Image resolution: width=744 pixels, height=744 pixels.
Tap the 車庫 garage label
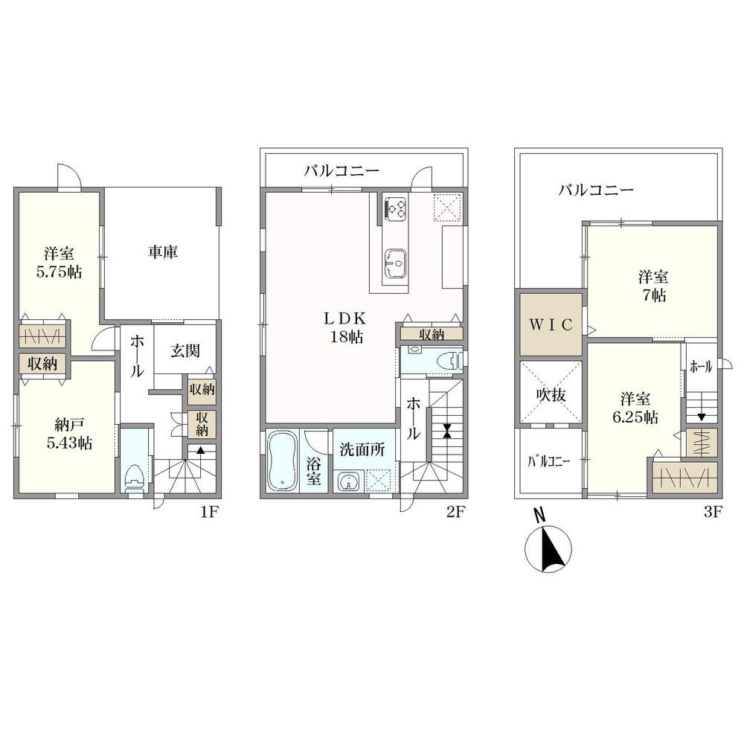tap(163, 252)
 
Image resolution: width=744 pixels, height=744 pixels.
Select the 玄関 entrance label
tap(185, 351)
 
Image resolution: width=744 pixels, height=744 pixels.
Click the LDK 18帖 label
tap(346, 327)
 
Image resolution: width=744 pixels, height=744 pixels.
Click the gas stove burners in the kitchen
tap(396, 208)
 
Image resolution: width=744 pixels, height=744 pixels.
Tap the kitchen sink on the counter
tap(395, 263)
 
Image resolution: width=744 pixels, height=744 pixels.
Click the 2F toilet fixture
tap(449, 361)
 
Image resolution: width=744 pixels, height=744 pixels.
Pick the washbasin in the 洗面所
tap(349, 481)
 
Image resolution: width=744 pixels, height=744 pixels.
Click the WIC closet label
tap(551, 325)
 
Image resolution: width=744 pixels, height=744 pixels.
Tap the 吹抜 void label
tap(551, 394)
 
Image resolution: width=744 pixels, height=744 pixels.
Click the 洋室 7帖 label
tap(653, 286)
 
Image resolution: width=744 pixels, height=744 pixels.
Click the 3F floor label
tap(713, 512)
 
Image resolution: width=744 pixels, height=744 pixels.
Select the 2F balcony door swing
tap(421, 179)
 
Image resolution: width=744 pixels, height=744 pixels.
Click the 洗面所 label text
tap(362, 449)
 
